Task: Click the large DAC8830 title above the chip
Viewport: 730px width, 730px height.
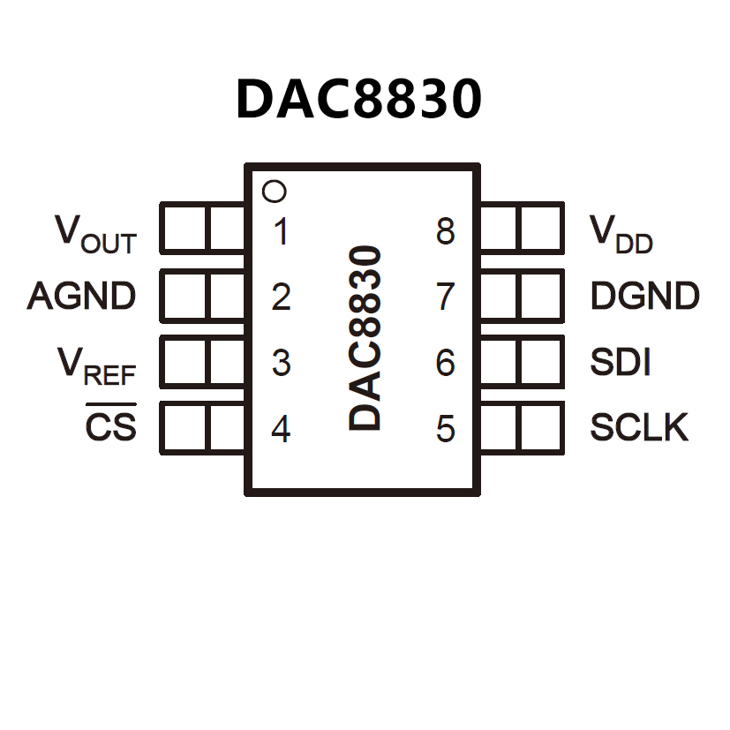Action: coord(359,99)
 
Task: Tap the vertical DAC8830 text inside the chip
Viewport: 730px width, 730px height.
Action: coord(365,338)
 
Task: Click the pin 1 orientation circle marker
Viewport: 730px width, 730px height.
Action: coord(275,191)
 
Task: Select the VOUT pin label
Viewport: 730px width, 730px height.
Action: coord(96,233)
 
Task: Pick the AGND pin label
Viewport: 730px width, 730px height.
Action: coord(82,296)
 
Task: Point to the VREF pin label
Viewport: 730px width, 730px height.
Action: coord(96,364)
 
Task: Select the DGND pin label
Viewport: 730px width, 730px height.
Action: coord(644,297)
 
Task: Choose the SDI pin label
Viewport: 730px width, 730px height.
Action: coord(621,362)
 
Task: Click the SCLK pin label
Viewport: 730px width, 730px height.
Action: coord(639,428)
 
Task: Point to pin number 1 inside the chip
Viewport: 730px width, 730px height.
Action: coord(281,232)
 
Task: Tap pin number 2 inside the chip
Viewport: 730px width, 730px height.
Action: coord(281,297)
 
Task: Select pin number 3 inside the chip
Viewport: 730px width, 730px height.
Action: coord(281,363)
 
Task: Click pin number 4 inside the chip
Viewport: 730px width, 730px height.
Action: coord(281,429)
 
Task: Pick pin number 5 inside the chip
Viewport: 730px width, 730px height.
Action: coord(446,429)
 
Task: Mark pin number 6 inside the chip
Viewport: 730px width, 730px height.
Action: coord(446,363)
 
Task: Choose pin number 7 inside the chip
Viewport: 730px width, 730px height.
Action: coord(446,297)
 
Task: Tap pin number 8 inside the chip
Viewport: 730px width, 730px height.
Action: coord(446,232)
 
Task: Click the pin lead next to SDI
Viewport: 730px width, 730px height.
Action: coord(521,361)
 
